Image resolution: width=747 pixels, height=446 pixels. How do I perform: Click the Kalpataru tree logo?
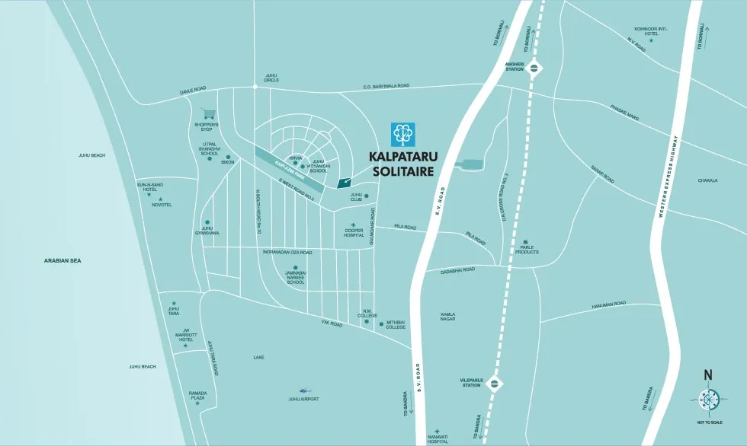[x=402, y=134]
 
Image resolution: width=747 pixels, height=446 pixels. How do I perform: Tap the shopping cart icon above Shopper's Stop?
[x=207, y=113]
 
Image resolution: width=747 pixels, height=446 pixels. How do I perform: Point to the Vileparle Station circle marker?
[x=495, y=383]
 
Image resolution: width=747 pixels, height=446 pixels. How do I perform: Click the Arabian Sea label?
[x=63, y=261]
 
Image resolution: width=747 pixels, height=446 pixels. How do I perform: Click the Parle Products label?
[x=527, y=250]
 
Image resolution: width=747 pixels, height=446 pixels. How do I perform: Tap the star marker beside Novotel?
[x=160, y=199]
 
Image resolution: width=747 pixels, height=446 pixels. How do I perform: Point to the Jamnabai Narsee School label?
[x=294, y=277]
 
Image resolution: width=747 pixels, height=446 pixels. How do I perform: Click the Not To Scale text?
[x=708, y=420]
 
